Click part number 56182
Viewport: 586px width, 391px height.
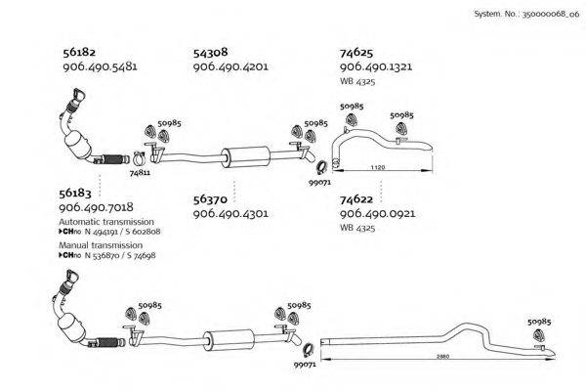79,53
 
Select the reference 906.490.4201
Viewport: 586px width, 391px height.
230,66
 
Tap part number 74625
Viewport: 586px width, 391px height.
356,53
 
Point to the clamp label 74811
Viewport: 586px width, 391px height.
140,173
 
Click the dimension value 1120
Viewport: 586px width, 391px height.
377,167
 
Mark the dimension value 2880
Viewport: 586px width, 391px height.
442,356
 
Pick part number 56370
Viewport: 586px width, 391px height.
210,199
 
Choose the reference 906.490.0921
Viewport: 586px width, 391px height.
377,214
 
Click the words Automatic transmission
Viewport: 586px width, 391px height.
106,222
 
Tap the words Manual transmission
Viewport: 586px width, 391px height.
101,245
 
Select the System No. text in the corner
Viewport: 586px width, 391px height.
526,15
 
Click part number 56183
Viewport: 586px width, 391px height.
75,194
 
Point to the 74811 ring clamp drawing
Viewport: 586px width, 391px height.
139,158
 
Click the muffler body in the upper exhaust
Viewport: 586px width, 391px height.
245,157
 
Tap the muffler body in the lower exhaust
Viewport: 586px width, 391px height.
229,340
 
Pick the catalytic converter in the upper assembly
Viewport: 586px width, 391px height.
78,144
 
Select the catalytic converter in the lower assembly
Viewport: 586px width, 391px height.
71,327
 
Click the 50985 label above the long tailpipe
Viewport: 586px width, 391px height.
539,322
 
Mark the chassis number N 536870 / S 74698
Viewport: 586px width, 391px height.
120,255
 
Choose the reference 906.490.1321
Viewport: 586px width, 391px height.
376,66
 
